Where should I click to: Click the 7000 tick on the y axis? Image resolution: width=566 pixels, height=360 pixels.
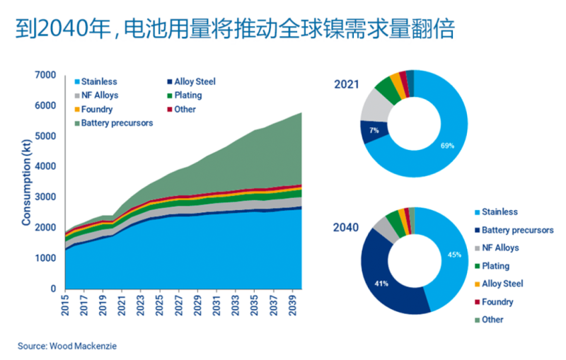[x=46, y=75]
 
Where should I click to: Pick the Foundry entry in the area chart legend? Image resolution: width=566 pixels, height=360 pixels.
[x=97, y=110]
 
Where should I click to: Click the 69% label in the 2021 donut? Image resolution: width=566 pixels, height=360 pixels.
[x=446, y=145]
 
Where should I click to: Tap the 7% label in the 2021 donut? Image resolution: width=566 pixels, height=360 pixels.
[x=374, y=131]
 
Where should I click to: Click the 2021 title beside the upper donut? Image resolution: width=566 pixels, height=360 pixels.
[x=347, y=85]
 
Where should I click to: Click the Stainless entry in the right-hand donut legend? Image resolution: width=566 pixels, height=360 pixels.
[x=499, y=211]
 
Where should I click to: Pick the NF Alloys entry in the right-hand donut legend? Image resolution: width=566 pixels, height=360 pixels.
[x=500, y=248]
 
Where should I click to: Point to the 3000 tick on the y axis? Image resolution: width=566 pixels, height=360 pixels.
[x=46, y=197]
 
